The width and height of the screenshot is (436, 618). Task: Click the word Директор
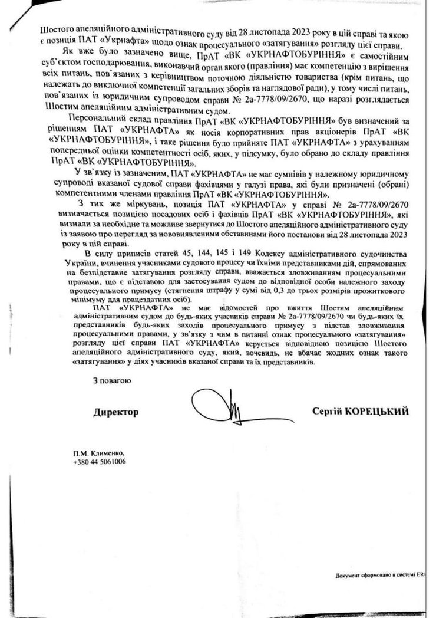(115, 412)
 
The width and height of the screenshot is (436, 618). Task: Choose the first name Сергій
(333, 411)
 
